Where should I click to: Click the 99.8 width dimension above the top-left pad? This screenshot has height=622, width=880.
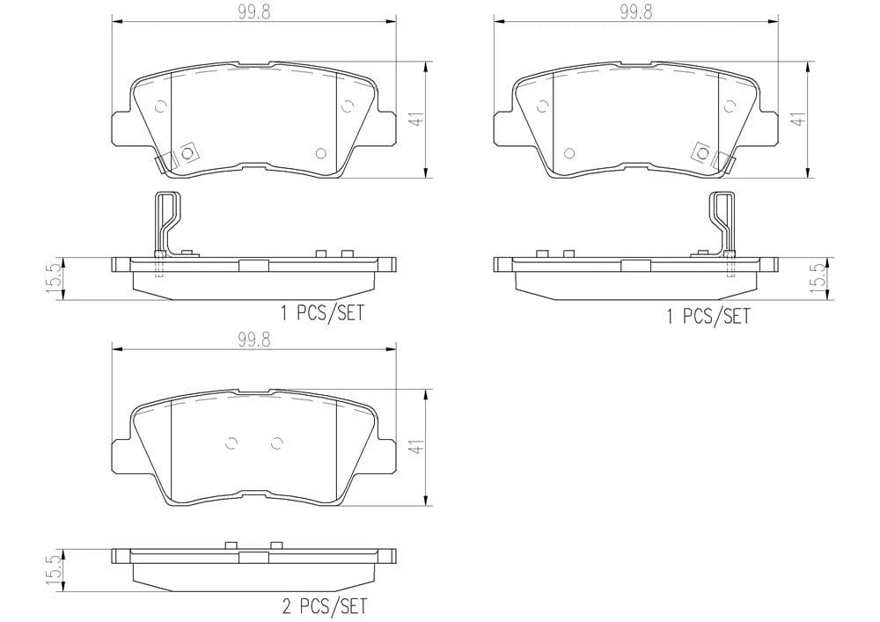pos(253,12)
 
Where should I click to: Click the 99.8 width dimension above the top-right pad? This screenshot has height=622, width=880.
pos(636,12)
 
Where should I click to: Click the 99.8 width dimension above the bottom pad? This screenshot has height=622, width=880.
pos(253,340)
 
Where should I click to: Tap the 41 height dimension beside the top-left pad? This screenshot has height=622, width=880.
pos(416,120)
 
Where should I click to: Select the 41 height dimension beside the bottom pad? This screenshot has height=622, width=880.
pos(416,447)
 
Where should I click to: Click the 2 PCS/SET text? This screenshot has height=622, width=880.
pos(325,606)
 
